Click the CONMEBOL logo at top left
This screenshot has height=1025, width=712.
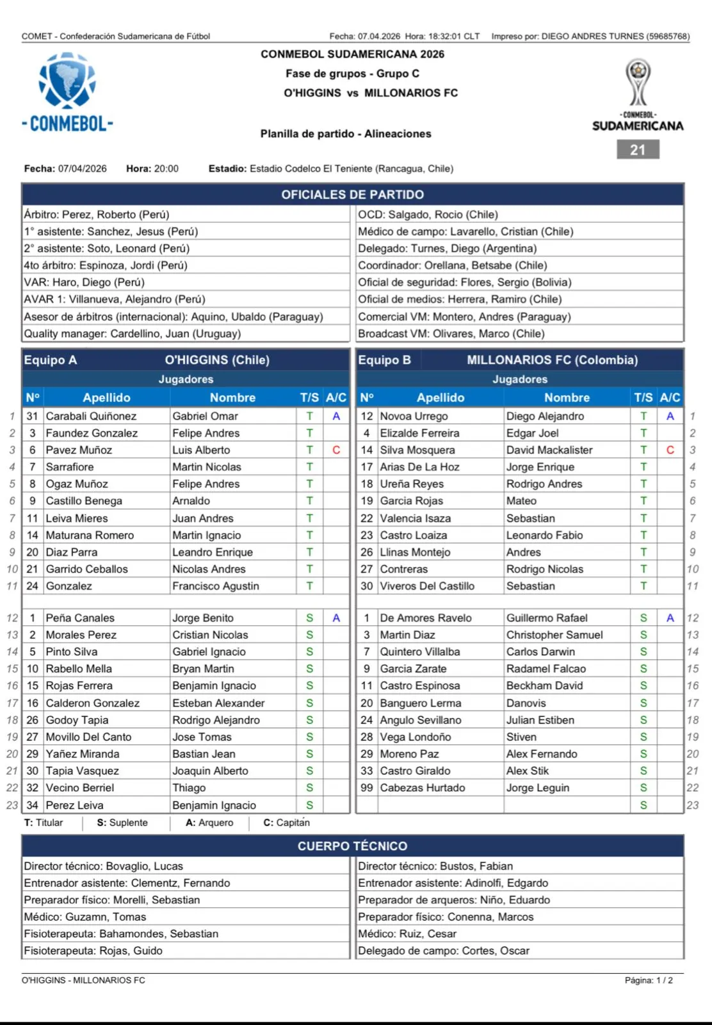coord(67,92)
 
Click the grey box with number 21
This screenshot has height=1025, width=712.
coord(638,150)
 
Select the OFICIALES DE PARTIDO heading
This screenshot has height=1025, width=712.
coord(352,195)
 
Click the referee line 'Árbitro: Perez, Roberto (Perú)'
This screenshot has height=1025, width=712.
coord(97,215)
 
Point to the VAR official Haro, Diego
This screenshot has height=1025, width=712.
coord(85,283)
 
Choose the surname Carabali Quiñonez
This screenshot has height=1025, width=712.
coord(91,416)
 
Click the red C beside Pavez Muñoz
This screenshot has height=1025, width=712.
coord(336,450)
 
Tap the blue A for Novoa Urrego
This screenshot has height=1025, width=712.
coord(670,416)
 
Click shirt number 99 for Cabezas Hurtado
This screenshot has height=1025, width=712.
coord(366,788)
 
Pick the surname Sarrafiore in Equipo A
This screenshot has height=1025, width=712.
coord(70,467)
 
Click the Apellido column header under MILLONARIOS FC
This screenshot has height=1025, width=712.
coord(441,398)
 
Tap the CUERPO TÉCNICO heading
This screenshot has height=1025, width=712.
coord(352,846)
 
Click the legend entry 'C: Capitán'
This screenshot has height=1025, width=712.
coord(286,823)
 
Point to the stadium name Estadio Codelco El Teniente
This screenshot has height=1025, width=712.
coord(351,169)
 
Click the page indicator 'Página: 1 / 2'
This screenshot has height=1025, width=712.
coord(649,980)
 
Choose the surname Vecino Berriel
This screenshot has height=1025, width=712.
coord(80,788)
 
